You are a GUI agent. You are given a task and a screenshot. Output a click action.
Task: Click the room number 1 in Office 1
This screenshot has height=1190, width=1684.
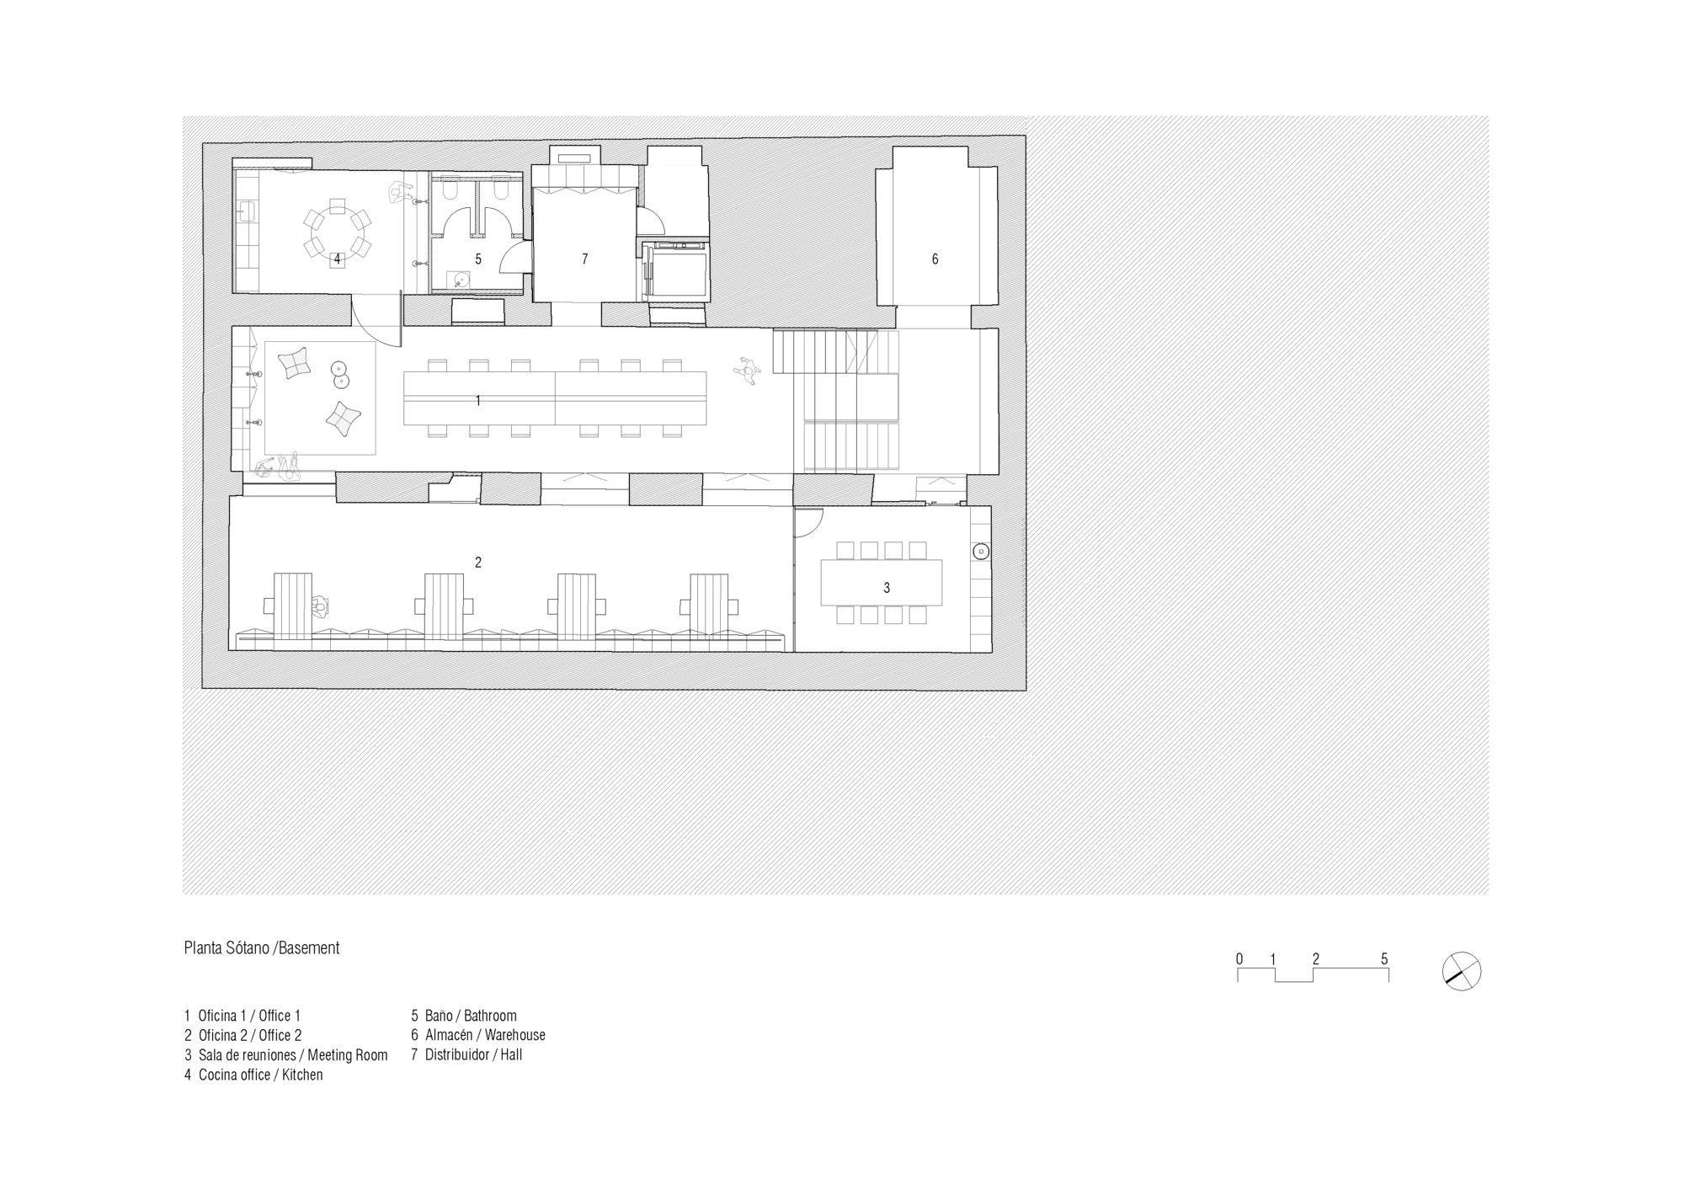pyautogui.click(x=478, y=401)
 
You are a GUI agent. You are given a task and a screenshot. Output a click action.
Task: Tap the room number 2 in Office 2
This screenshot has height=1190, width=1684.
pyautogui.click(x=478, y=563)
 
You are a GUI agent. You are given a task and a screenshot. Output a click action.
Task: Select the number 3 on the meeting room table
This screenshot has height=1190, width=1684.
pyautogui.click(x=887, y=589)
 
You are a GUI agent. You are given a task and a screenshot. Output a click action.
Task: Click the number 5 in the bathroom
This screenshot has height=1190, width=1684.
pyautogui.click(x=478, y=259)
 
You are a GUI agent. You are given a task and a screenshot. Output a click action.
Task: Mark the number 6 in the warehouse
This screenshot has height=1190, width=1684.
pyautogui.click(x=935, y=259)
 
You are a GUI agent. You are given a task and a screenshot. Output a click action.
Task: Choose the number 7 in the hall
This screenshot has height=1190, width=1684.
pyautogui.click(x=585, y=259)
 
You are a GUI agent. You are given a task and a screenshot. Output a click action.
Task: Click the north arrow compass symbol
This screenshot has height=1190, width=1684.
pyautogui.click(x=1461, y=970)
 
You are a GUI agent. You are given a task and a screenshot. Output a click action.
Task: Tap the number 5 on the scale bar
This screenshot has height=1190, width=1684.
pyautogui.click(x=1384, y=958)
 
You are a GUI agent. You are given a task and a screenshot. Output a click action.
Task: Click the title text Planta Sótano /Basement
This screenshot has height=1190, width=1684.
pyautogui.click(x=262, y=948)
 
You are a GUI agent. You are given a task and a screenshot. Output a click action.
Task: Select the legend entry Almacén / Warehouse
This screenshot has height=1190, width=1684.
pyautogui.click(x=478, y=1035)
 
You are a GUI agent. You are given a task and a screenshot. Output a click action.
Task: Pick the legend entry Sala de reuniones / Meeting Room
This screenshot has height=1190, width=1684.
pyautogui.click(x=286, y=1055)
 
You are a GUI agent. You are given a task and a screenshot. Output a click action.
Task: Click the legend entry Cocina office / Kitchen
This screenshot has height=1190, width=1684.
pyautogui.click(x=253, y=1075)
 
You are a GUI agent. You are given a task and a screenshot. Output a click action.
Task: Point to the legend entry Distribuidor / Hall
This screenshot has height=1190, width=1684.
pyautogui.click(x=466, y=1054)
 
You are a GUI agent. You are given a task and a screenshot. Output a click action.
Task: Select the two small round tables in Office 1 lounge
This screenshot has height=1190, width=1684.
pyautogui.click(x=340, y=375)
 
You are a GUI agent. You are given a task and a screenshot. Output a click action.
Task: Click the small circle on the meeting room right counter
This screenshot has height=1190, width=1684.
pyautogui.click(x=980, y=552)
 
